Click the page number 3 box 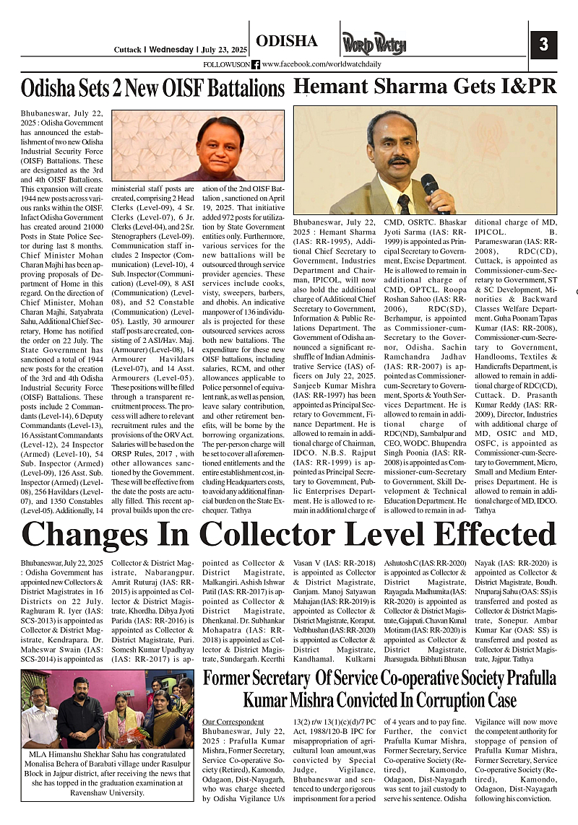(543, 45)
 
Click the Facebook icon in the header (256, 64)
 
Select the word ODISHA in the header (287, 41)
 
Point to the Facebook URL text (322, 64)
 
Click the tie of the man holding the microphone (403, 203)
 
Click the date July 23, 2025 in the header (224, 50)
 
